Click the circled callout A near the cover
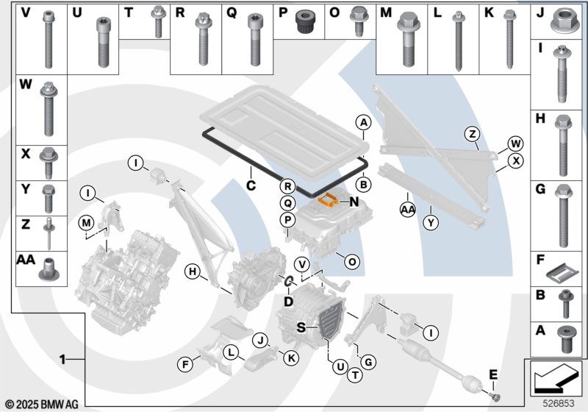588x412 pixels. click(363, 122)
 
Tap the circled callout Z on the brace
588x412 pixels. click(473, 134)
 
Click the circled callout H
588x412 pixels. click(193, 273)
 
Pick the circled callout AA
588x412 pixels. click(408, 209)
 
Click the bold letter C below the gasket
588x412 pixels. click(251, 185)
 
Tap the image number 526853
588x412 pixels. click(560, 404)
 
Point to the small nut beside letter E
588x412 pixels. click(495, 397)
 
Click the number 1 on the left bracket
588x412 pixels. click(64, 359)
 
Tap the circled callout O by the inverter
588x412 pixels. click(352, 261)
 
